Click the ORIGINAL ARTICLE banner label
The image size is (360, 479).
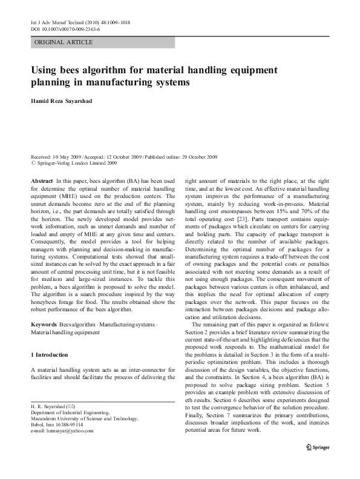pyautogui.click(x=63, y=42)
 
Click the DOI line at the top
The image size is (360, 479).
pyautogui.click(x=65, y=28)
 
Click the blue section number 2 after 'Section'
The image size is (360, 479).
pyautogui.click(x=206, y=333)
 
